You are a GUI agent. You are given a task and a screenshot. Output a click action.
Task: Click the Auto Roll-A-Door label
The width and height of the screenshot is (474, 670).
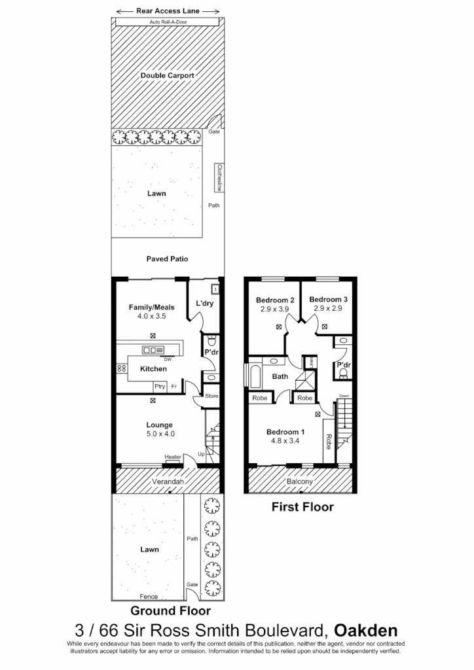[167, 22]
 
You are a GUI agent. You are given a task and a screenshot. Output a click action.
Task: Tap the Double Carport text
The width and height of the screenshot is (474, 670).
[167, 76]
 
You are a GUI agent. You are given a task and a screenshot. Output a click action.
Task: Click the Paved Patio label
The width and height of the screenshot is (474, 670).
[167, 259]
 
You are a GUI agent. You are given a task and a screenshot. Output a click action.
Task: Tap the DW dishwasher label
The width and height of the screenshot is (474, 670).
[168, 360]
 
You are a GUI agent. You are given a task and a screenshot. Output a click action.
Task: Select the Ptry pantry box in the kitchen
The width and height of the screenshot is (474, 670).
[159, 387]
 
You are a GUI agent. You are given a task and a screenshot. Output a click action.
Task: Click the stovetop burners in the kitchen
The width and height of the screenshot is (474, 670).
[122, 368]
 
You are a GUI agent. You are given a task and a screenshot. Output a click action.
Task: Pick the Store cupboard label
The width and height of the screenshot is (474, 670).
[211, 396]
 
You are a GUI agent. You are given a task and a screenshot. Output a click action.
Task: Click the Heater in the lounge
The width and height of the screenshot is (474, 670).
[173, 457]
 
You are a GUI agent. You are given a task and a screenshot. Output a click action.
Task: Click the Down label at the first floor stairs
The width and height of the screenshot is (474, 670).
[344, 396]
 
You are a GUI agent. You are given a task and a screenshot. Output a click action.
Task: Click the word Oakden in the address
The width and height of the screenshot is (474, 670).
[365, 630]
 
